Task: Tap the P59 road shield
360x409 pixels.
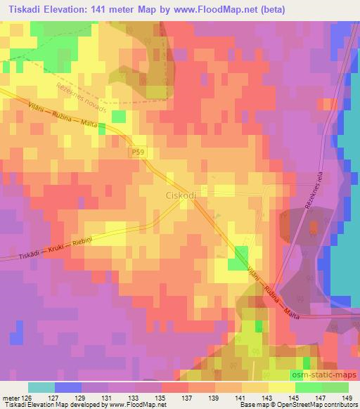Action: tap(139, 151)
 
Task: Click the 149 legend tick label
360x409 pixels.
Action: tap(347, 398)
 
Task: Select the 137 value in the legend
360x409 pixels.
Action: tap(186, 398)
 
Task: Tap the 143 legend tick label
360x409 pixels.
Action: tap(266, 398)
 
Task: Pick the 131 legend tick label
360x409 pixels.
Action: tap(106, 398)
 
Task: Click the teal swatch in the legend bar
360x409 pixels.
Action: tap(41, 387)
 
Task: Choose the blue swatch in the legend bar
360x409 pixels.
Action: tap(67, 387)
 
